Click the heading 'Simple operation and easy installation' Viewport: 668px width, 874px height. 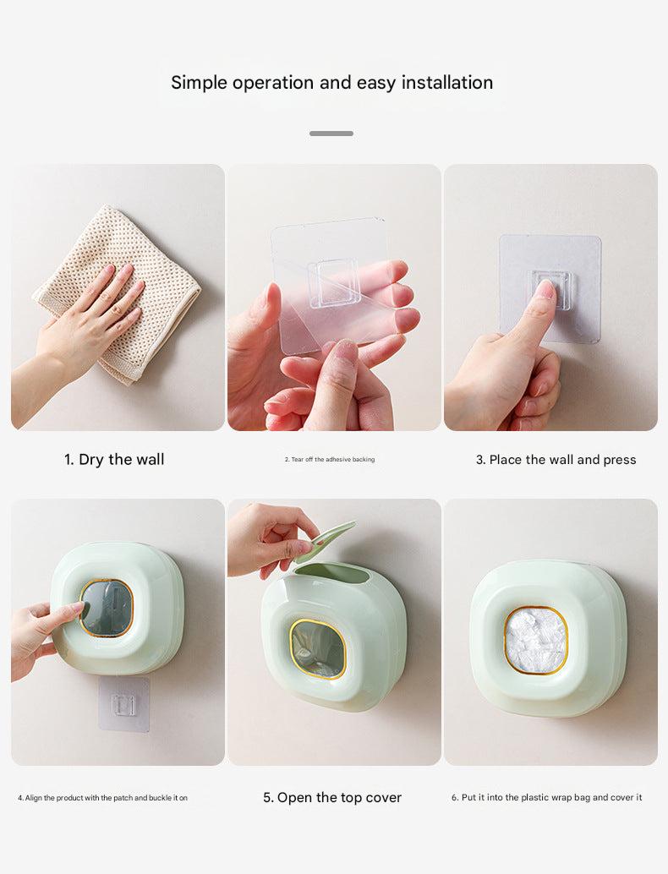tap(331, 83)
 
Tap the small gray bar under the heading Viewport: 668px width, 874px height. tap(331, 134)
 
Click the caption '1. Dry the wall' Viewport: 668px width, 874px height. tap(114, 460)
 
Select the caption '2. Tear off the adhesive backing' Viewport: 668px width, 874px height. tap(330, 460)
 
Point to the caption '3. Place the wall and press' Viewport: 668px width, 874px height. tap(556, 460)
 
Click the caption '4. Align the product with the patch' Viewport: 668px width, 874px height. tap(102, 798)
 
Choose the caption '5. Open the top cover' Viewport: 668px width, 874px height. tap(332, 798)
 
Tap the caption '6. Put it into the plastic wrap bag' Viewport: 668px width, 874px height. tap(546, 798)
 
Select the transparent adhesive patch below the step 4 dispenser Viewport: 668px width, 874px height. tap(123, 704)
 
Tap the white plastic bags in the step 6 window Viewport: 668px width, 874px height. tap(535, 640)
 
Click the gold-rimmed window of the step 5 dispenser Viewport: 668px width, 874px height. tap(318, 649)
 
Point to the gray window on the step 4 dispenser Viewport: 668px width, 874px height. tap(106, 608)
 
